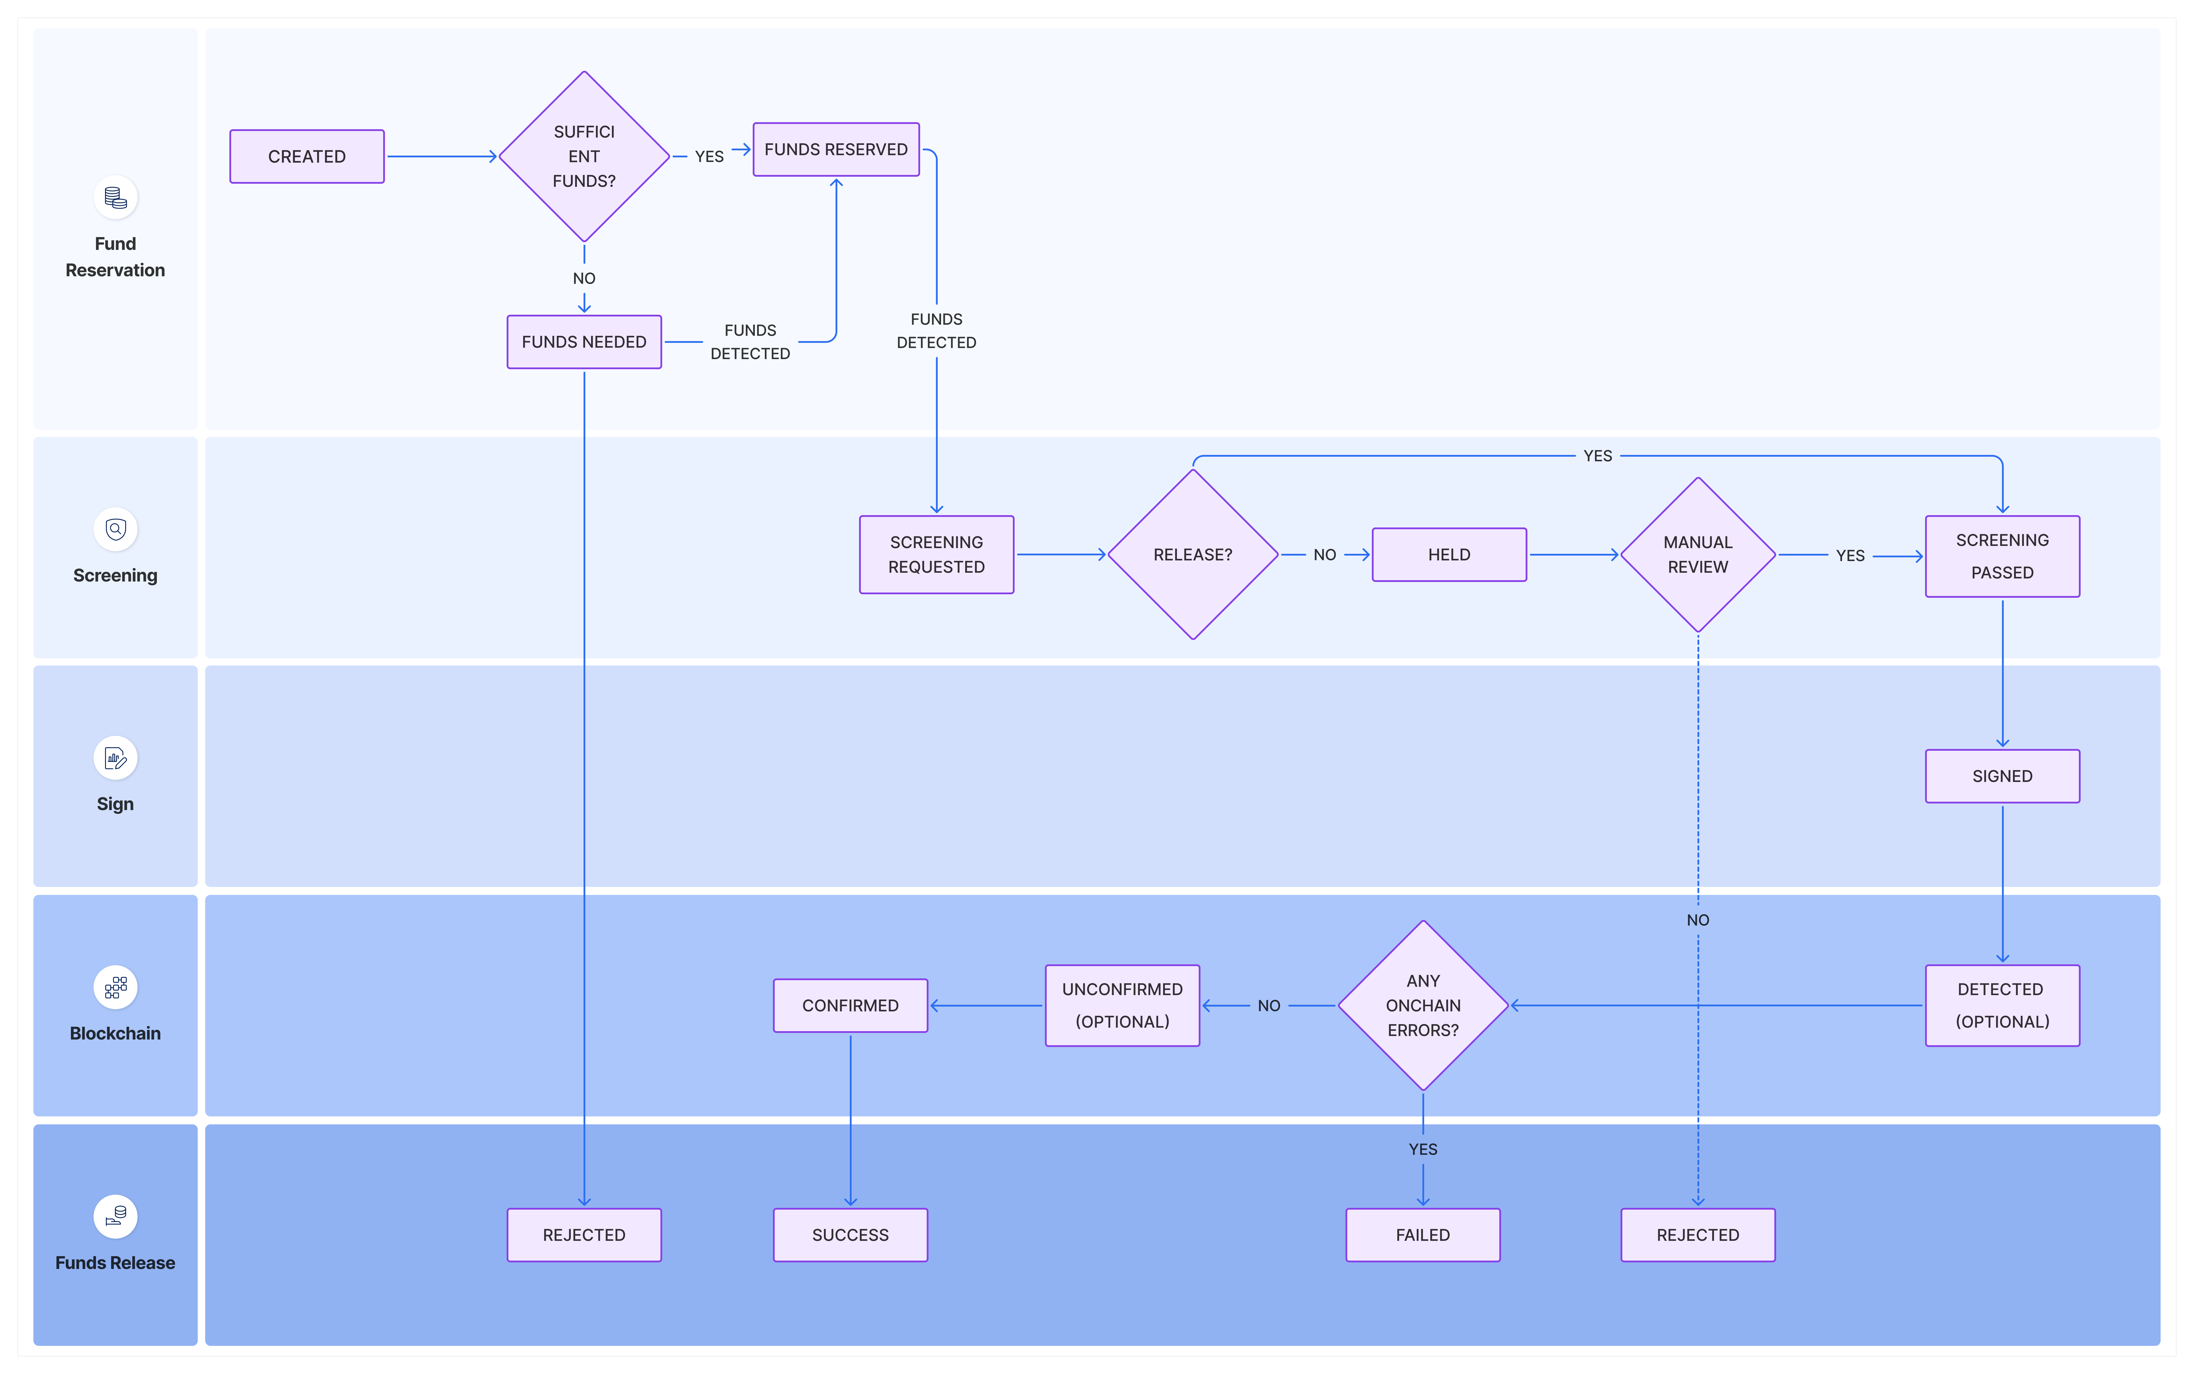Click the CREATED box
(x=307, y=156)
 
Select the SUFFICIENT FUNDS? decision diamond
(x=584, y=156)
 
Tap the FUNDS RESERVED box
(x=836, y=149)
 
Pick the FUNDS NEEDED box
(x=584, y=342)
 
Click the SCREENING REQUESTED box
(x=937, y=554)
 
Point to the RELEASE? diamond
(x=1193, y=554)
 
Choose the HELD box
(x=1449, y=554)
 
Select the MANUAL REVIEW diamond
(x=1698, y=554)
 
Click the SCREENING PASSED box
(x=2002, y=556)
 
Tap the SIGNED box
(x=2002, y=776)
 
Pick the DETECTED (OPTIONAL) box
(x=2002, y=1005)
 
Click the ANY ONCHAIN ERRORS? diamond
(x=1423, y=1005)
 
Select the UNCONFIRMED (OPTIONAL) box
(x=1122, y=1005)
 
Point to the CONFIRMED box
(x=850, y=1005)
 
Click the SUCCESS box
(x=850, y=1235)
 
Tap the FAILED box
(x=1423, y=1235)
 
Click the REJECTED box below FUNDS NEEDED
(x=584, y=1235)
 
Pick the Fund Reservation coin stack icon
(x=115, y=197)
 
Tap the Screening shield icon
(x=115, y=529)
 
